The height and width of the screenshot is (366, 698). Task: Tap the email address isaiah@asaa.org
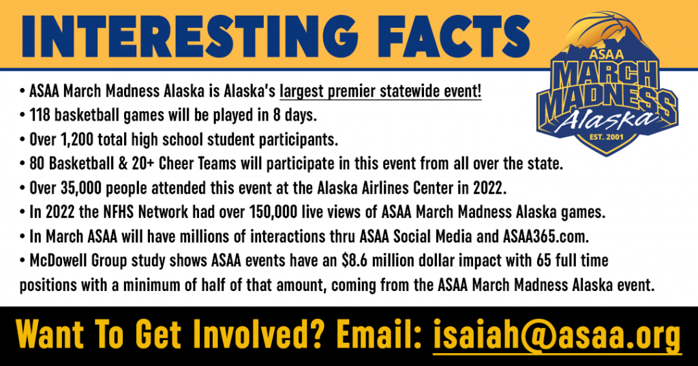pyautogui.click(x=557, y=335)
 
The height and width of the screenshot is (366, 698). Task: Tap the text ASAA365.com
pyautogui.click(x=546, y=236)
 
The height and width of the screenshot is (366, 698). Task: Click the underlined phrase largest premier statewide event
pyautogui.click(x=380, y=92)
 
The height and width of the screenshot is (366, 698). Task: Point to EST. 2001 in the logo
pyautogui.click(x=606, y=137)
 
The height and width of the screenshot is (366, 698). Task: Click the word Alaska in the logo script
pyautogui.click(x=605, y=118)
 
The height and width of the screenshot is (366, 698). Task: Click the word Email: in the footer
pyautogui.click(x=379, y=335)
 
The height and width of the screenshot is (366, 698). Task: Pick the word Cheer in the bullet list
pyautogui.click(x=175, y=164)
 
